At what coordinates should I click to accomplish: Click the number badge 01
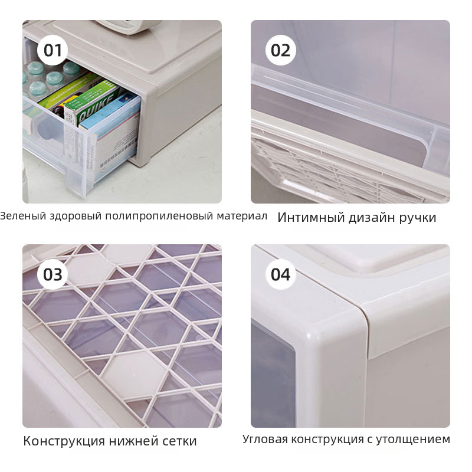pos(53,50)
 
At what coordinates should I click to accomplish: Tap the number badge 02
pos(281,50)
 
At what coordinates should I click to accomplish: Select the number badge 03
pos(53,274)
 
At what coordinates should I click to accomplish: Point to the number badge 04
pos(281,274)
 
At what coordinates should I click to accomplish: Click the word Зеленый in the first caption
pos(23,216)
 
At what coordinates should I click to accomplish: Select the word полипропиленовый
pos(159,216)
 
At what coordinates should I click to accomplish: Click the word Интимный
pos(311,217)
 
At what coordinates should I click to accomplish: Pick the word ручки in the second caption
pos(418,218)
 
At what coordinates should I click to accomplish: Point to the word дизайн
pos(372,218)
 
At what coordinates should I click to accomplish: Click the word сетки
pos(179,441)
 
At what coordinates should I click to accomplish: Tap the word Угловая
pos(265,439)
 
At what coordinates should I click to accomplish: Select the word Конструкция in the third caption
pos(64,441)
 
